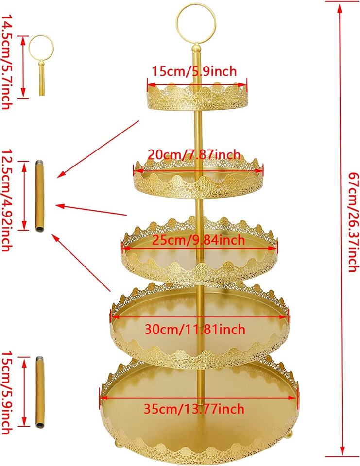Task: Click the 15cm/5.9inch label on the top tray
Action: (194, 72)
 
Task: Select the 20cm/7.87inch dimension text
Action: (193, 154)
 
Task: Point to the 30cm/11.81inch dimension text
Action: (195, 330)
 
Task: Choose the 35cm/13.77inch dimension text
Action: (194, 409)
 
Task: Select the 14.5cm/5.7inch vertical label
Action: (7, 62)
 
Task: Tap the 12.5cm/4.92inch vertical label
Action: (7, 197)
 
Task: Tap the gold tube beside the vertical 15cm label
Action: (40, 393)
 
